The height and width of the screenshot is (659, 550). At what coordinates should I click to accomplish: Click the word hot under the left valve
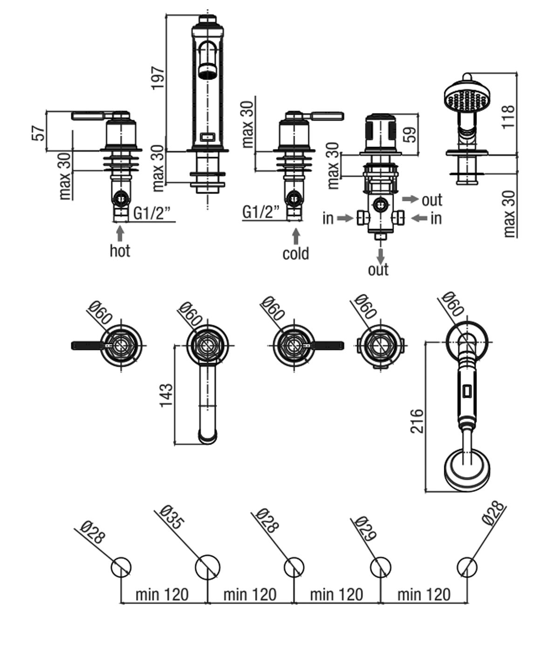[120, 251]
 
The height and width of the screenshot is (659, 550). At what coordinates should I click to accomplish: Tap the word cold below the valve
[296, 253]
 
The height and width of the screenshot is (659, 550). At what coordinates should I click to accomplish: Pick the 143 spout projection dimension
[166, 395]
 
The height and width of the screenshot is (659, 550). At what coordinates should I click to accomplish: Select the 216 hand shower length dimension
[417, 421]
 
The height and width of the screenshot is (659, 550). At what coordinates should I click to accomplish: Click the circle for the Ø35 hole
[207, 567]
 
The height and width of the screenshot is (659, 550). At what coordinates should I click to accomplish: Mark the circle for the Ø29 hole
[380, 567]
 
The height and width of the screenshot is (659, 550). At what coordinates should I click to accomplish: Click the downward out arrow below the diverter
[380, 255]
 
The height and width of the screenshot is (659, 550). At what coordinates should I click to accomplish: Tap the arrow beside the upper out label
[410, 199]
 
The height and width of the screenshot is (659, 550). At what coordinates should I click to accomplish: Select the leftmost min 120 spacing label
[162, 594]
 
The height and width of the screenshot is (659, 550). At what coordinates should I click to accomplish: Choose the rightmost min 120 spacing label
[423, 594]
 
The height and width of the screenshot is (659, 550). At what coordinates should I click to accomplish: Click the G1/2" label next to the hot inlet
[152, 213]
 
